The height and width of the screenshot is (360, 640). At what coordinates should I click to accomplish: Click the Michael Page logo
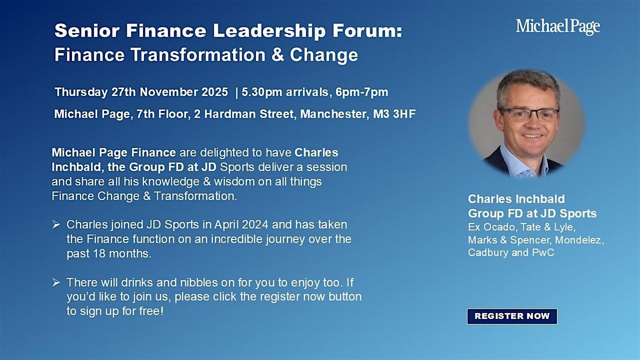point(558,27)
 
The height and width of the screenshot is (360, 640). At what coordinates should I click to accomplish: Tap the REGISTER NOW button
point(512,316)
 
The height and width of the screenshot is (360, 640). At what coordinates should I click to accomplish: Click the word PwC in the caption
point(543,252)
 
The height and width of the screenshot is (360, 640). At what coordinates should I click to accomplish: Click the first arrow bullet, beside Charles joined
point(56,225)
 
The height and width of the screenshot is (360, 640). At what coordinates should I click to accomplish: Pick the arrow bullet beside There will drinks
point(56,282)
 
